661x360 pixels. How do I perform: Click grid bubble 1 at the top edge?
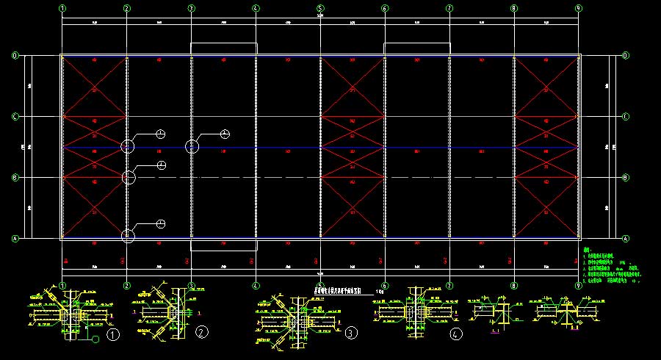(x=63, y=8)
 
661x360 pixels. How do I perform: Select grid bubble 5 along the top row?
(x=320, y=8)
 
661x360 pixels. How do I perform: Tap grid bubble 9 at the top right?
(x=579, y=8)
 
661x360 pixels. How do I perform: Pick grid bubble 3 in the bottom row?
(x=192, y=285)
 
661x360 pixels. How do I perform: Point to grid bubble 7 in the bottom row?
(x=449, y=285)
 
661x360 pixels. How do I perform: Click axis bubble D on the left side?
(x=15, y=56)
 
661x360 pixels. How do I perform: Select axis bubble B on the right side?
(x=625, y=177)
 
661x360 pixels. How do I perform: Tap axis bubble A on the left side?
(x=15, y=238)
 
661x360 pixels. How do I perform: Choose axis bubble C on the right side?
(x=625, y=116)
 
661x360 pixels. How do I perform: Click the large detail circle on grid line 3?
(x=192, y=146)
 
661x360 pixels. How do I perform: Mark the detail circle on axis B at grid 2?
(x=129, y=177)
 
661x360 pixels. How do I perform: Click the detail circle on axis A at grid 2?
(x=129, y=235)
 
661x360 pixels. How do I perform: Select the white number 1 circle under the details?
(x=113, y=335)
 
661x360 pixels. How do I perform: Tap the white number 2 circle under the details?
(x=202, y=332)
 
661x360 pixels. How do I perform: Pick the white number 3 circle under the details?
(x=352, y=334)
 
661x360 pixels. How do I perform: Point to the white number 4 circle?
(x=457, y=334)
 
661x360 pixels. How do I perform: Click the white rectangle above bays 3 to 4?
(x=224, y=48)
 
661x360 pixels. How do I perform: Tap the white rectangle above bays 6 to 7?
(x=416, y=48)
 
